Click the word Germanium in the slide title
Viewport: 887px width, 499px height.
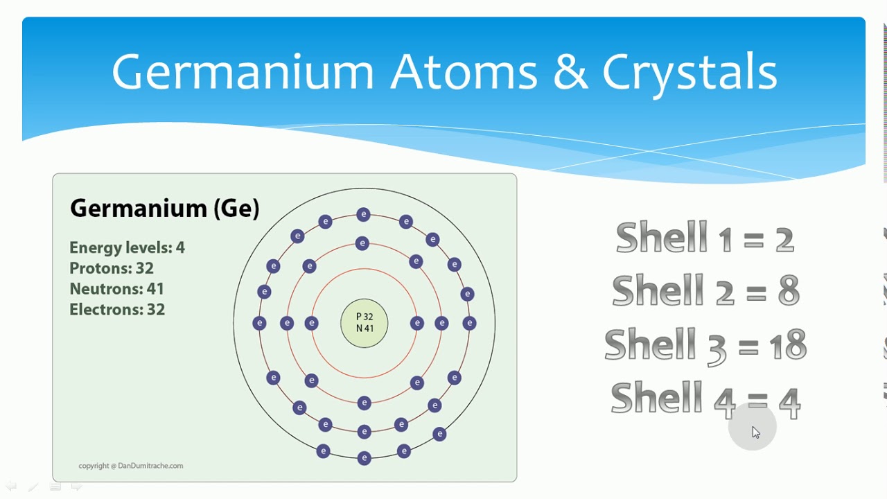pyautogui.click(x=243, y=71)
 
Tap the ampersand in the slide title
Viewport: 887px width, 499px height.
pyautogui.click(x=570, y=71)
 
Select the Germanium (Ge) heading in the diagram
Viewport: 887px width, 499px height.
pyautogui.click(x=165, y=208)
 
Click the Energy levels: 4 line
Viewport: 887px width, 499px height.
pyautogui.click(x=127, y=247)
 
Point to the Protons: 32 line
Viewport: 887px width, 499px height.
pyautogui.click(x=112, y=268)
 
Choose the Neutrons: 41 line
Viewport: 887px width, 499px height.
pyautogui.click(x=116, y=288)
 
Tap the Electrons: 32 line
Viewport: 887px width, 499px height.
pyautogui.click(x=117, y=309)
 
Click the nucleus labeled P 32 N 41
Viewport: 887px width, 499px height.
pyautogui.click(x=365, y=323)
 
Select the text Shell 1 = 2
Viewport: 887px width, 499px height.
pyautogui.click(x=705, y=237)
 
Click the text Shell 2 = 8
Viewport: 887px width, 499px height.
pyautogui.click(x=705, y=290)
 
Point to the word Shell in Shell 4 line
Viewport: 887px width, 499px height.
pyautogui.click(x=656, y=399)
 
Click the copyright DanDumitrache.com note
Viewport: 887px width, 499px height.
pyautogui.click(x=131, y=466)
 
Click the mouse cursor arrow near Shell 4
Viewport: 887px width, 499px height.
pyautogui.click(x=755, y=432)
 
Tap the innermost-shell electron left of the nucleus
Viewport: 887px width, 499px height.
pyautogui.click(x=311, y=323)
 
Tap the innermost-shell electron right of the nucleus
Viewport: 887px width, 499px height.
pyautogui.click(x=416, y=323)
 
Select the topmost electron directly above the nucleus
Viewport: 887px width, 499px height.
pyautogui.click(x=363, y=215)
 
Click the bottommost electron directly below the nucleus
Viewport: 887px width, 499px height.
pyautogui.click(x=364, y=458)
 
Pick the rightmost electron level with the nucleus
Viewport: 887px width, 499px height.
pyautogui.click(x=469, y=323)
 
